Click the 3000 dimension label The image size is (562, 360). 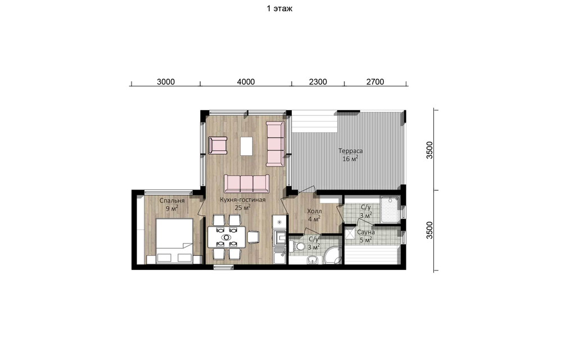(x=166, y=82)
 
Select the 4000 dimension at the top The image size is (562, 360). (x=246, y=82)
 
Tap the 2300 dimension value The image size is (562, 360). (x=318, y=82)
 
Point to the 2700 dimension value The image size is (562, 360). (x=375, y=82)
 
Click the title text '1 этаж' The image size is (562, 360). (x=279, y=8)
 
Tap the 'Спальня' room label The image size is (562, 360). (x=172, y=201)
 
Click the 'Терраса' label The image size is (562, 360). (x=351, y=151)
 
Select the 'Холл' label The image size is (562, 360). (x=314, y=211)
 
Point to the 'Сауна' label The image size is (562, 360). (x=366, y=232)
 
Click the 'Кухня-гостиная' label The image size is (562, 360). (x=243, y=200)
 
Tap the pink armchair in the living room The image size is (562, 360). (x=218, y=145)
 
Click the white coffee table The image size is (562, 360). (x=246, y=146)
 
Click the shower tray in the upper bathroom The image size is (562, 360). (x=391, y=209)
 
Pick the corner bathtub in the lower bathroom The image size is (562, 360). (x=332, y=255)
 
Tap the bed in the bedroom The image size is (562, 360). (x=175, y=241)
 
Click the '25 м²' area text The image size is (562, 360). (x=242, y=208)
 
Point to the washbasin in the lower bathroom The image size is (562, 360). (x=312, y=260)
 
